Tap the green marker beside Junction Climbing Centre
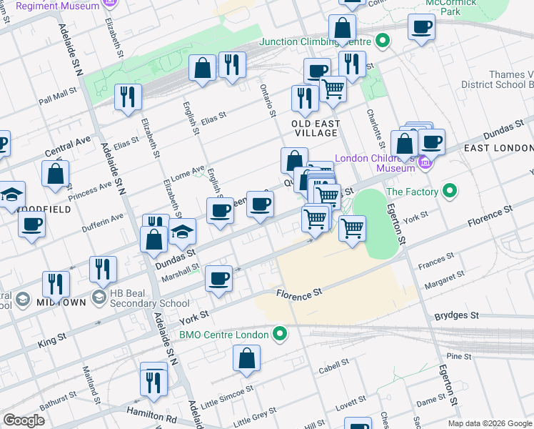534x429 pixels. tap(382, 41)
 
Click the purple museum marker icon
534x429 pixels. tap(425, 163)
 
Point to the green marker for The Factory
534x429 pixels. tap(450, 192)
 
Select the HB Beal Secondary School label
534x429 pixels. tap(149, 302)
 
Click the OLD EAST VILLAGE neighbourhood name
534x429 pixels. tap(314, 128)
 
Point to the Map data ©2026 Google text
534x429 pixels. tap(489, 423)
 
